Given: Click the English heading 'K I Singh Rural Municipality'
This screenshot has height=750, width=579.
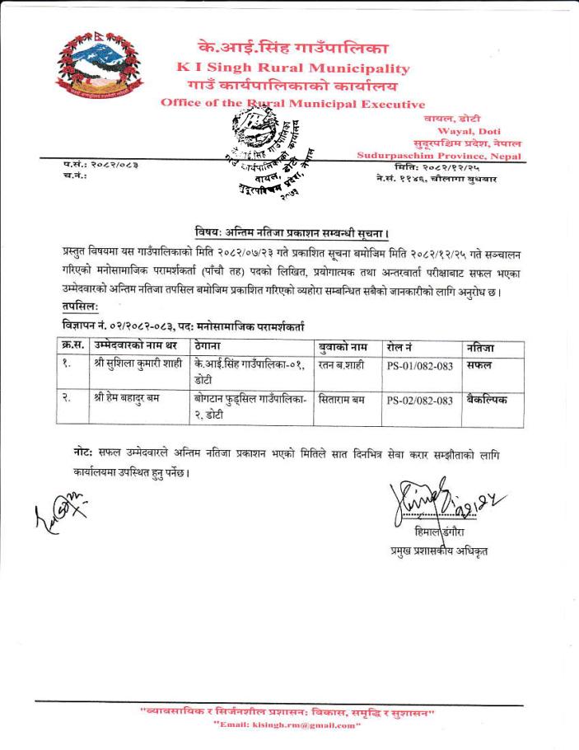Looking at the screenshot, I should click(292, 68).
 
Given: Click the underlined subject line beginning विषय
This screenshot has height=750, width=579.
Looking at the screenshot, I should click(292, 230).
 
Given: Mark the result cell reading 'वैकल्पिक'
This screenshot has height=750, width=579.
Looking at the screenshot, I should click(486, 400).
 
